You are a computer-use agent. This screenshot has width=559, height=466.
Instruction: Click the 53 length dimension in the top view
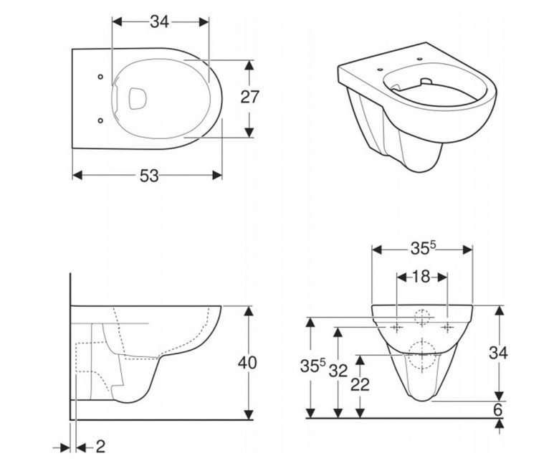point(149,176)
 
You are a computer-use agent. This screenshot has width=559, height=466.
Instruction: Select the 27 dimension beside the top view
point(249,97)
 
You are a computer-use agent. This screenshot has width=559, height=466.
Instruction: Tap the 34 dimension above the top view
point(159,22)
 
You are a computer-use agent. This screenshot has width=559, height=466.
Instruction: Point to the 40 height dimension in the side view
point(247,363)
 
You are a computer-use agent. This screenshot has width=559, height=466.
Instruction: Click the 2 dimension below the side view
point(101,447)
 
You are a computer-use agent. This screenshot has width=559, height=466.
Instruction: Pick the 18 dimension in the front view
point(421,277)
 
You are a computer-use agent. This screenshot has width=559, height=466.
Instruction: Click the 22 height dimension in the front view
point(360,384)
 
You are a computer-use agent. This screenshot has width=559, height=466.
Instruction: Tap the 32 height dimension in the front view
point(338,371)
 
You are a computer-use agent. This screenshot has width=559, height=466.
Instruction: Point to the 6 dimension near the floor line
point(497,409)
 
